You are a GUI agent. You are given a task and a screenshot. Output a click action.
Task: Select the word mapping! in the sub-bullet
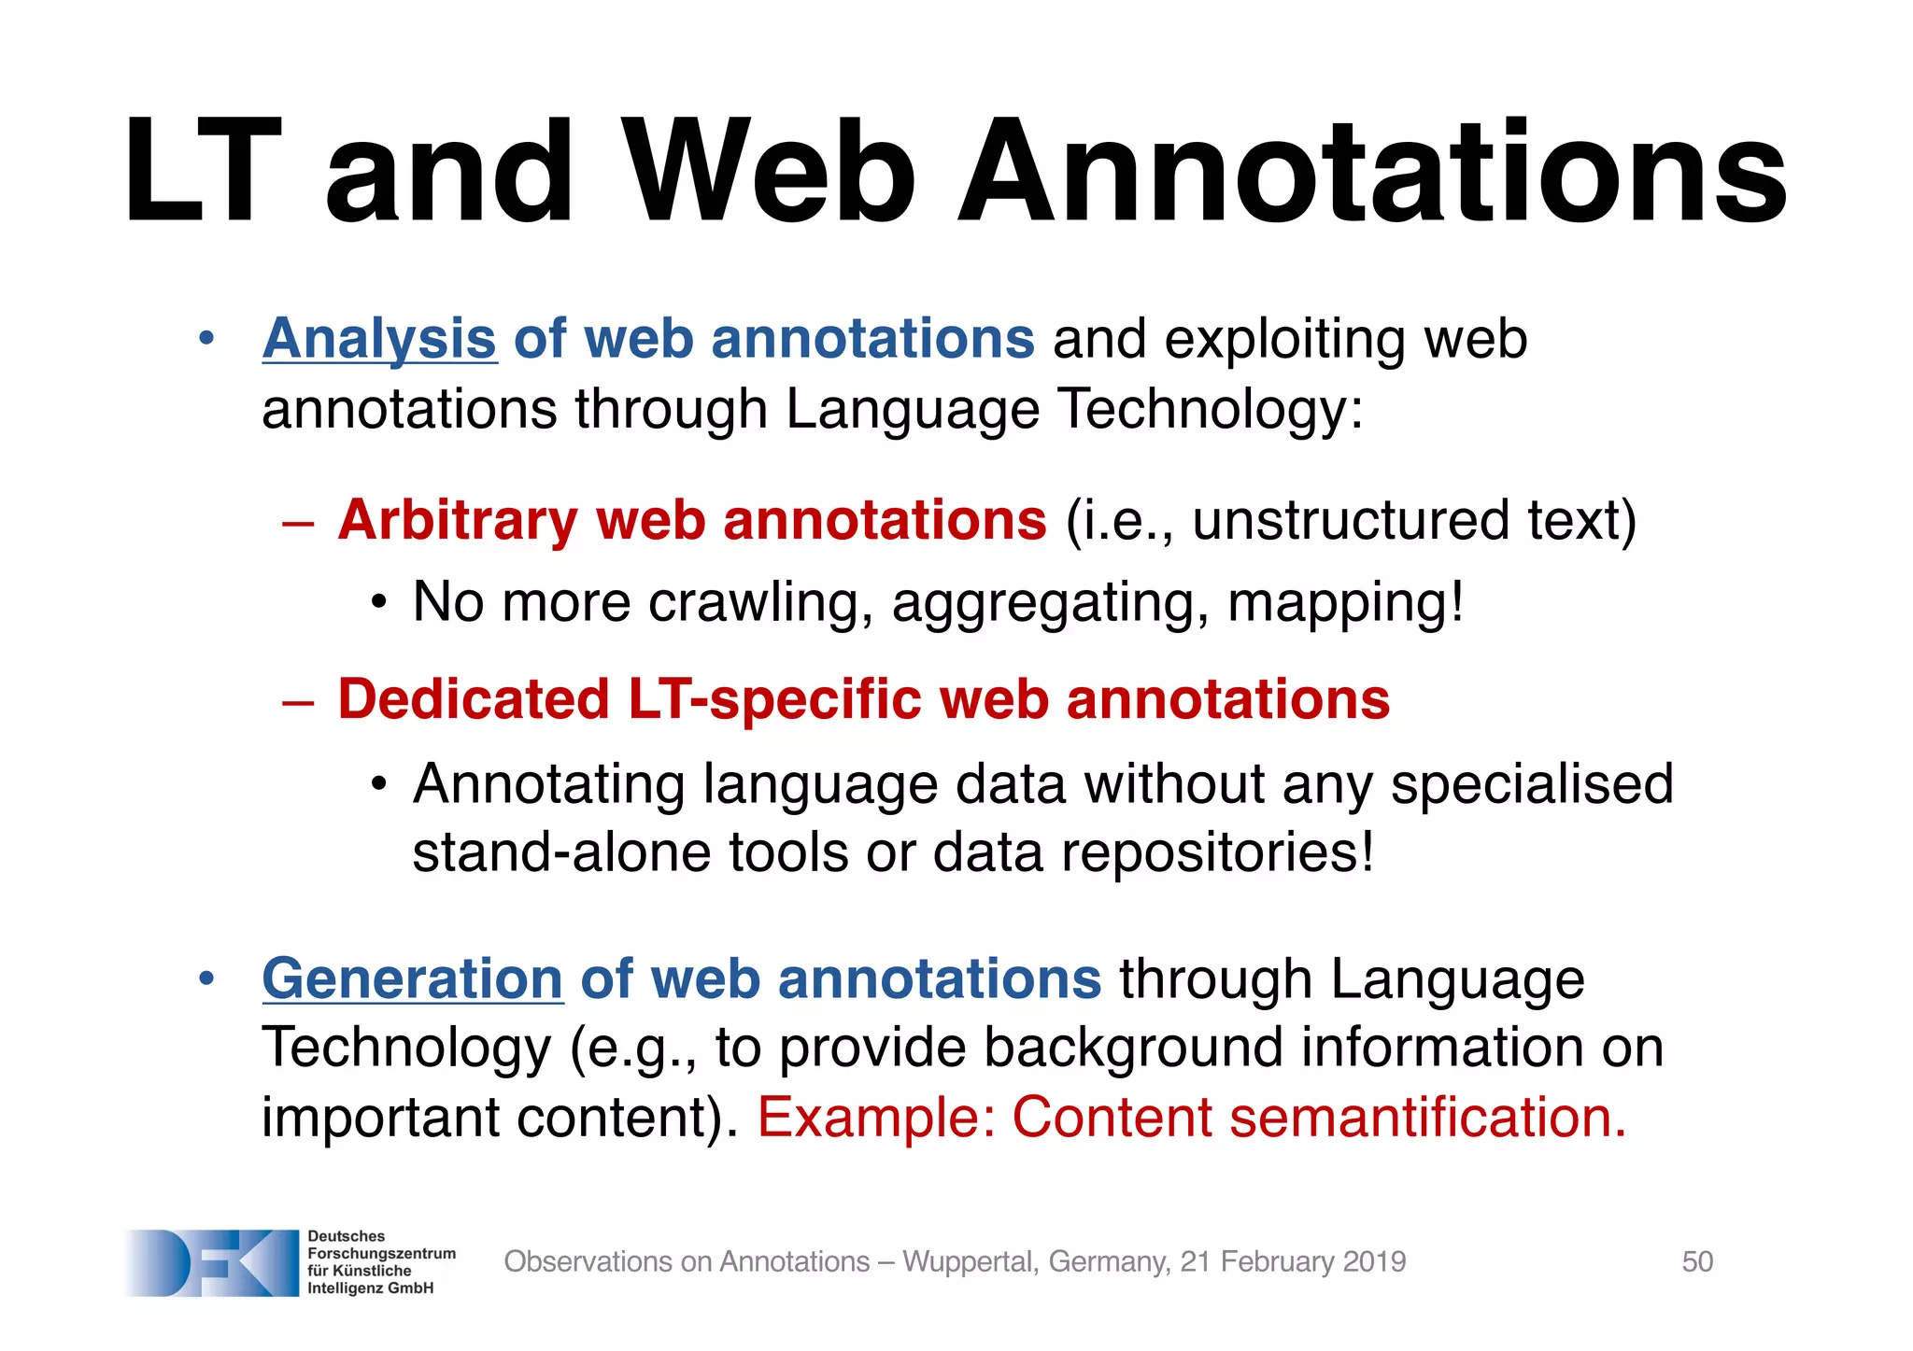click(x=1345, y=602)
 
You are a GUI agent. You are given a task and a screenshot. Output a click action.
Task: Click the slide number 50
click(x=1697, y=1261)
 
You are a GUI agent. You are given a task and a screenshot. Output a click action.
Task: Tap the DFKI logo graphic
click(x=211, y=1262)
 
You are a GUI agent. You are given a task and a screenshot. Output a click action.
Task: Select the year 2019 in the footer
click(x=1374, y=1261)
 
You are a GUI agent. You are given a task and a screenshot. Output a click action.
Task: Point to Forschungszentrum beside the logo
click(x=381, y=1253)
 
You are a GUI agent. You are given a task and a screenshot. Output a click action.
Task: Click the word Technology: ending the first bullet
click(x=1211, y=409)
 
